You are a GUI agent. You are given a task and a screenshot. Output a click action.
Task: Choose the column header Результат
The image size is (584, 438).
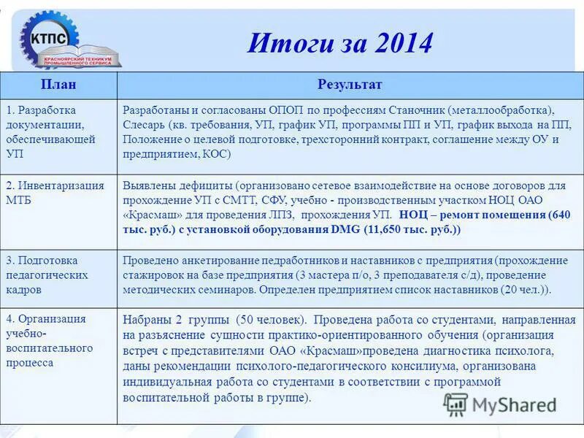(x=350, y=85)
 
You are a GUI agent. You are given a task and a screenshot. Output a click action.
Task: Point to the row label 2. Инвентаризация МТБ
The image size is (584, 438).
(x=55, y=193)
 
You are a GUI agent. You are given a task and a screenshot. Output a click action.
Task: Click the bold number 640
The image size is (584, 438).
(x=556, y=215)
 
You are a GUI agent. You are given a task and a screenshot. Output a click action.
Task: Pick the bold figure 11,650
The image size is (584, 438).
(x=386, y=229)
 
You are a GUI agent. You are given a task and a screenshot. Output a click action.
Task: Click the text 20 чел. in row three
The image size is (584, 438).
(x=523, y=289)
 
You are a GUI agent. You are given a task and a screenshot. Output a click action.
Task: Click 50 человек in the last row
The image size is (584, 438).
(x=266, y=320)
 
